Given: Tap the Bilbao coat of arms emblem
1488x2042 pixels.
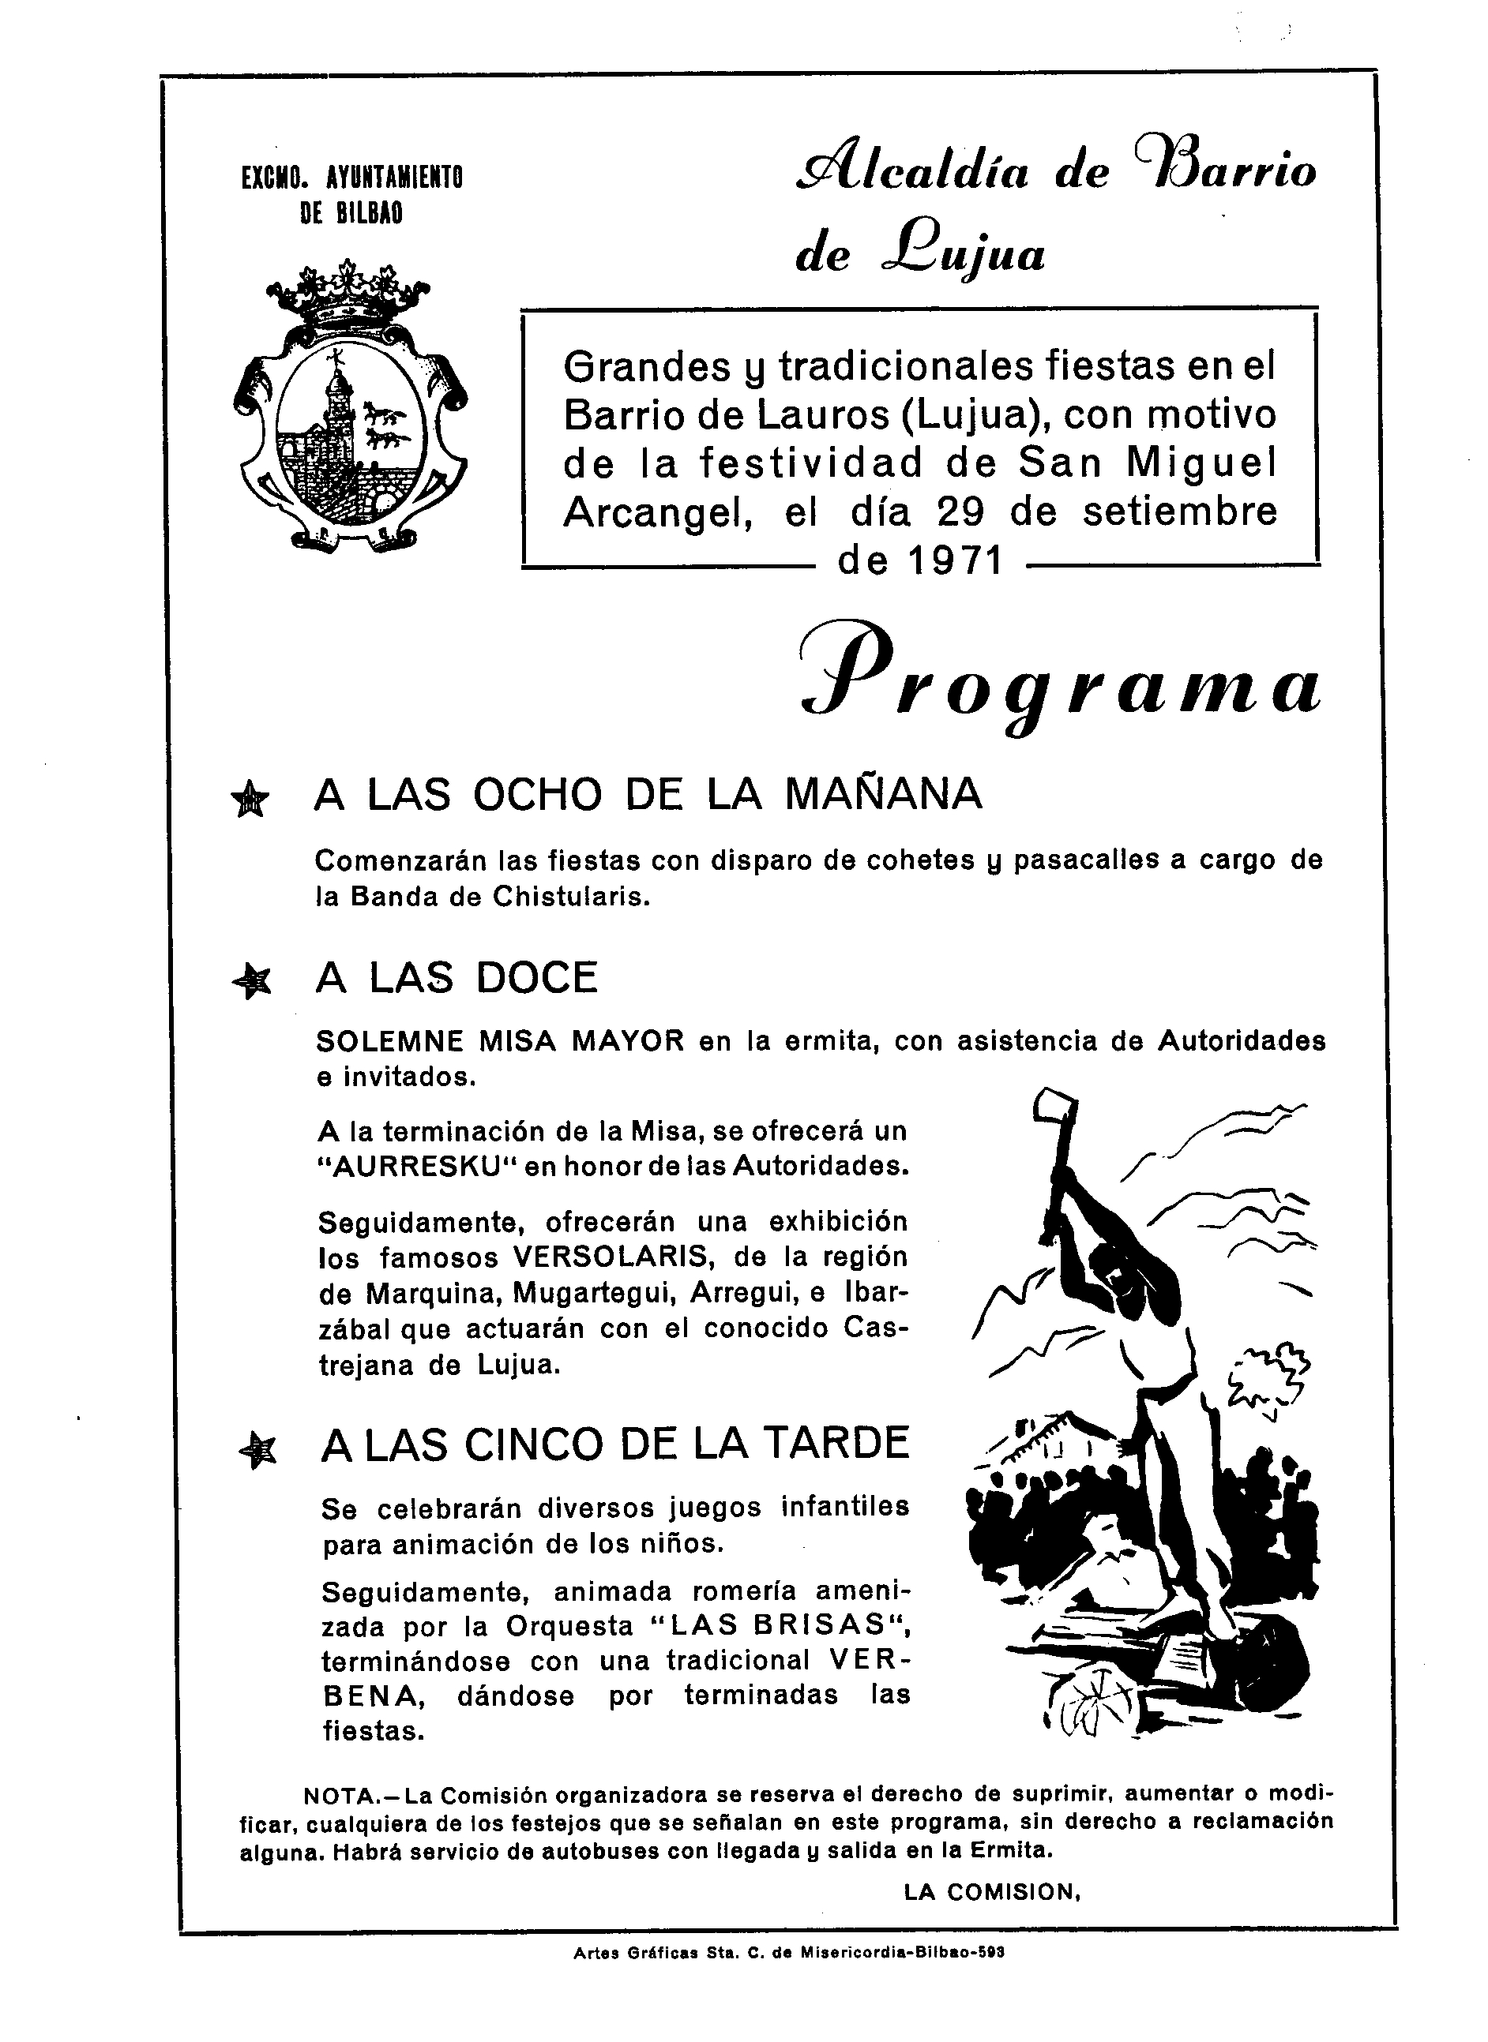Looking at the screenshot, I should coord(349,410).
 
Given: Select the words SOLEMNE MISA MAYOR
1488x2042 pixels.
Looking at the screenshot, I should coord(501,1042).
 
